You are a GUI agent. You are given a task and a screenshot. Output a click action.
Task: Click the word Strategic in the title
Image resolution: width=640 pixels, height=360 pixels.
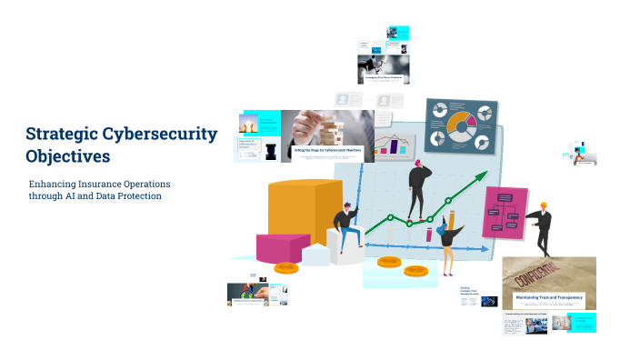tap(61, 135)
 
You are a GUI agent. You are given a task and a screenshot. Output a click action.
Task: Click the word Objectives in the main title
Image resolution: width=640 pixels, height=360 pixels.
tap(68, 155)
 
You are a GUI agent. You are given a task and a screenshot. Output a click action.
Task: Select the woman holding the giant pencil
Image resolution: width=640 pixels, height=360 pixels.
tap(445, 244)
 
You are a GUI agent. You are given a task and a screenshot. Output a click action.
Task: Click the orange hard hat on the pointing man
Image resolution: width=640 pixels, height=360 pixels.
tap(544, 205)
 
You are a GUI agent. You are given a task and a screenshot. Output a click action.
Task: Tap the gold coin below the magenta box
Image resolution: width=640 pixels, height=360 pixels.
tap(286, 267)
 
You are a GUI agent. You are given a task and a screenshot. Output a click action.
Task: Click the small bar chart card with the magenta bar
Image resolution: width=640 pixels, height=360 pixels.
tap(395, 145)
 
